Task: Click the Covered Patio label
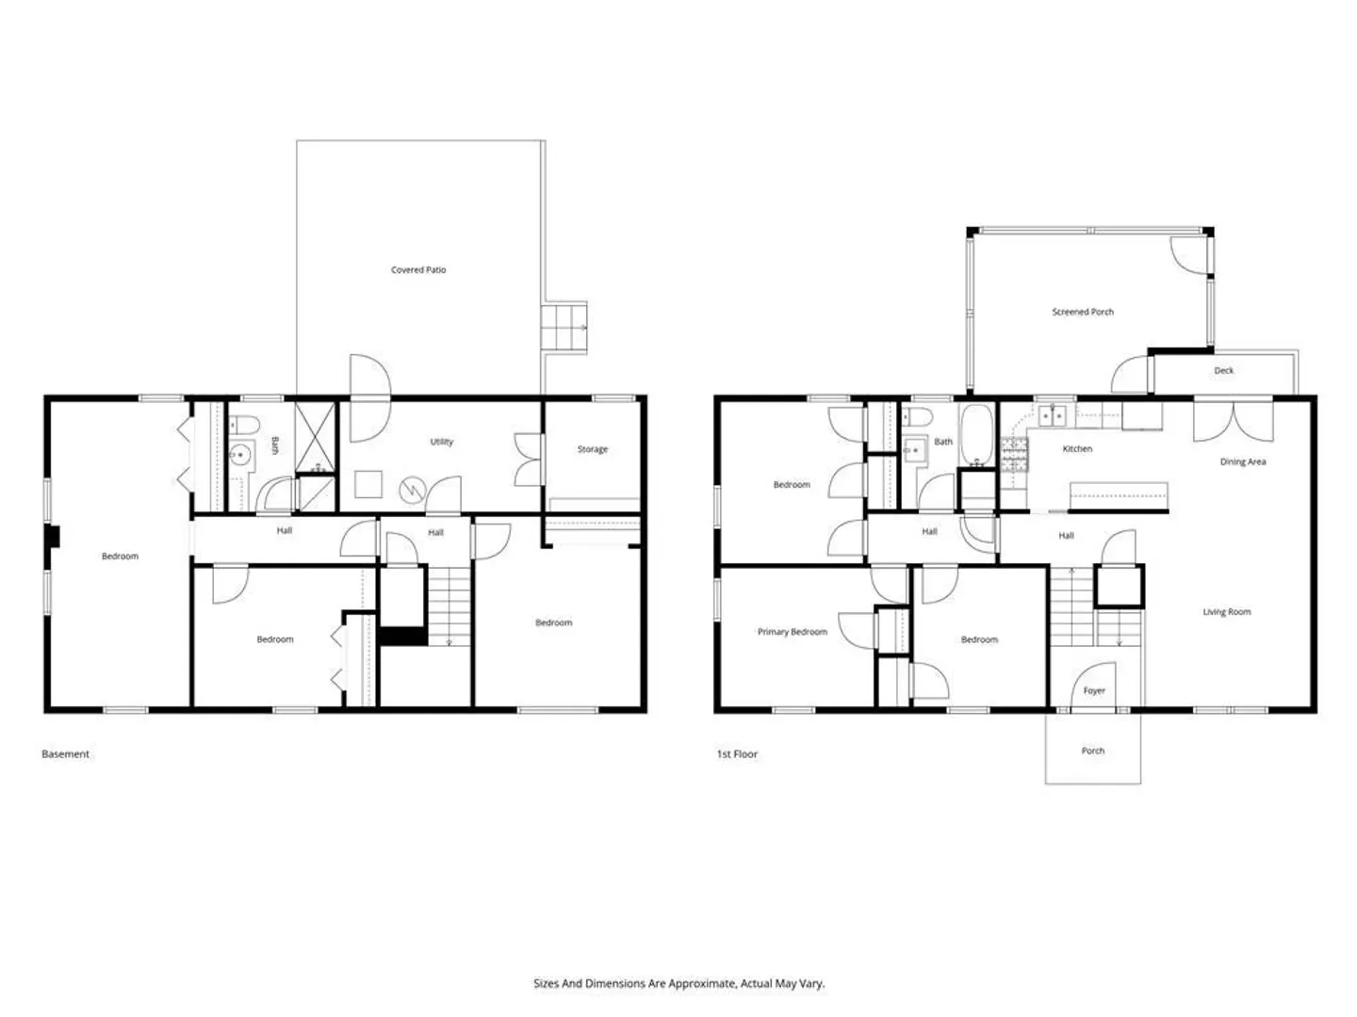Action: pos(417,270)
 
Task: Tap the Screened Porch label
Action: pos(1083,312)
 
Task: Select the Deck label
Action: pos(1223,370)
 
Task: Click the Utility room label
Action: pos(441,443)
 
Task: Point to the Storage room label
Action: pos(592,449)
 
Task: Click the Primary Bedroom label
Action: pos(792,632)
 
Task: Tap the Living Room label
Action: pos(1227,612)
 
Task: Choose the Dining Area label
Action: pos(1243,461)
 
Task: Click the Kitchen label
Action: pos(1077,449)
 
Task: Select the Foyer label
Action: pos(1094,691)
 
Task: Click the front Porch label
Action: pos(1092,751)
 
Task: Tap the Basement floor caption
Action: pos(66,754)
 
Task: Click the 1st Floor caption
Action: pos(737,754)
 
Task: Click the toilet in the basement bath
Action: pos(244,425)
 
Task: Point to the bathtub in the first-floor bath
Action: pos(977,434)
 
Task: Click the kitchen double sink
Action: pos(1053,416)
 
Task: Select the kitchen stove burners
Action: pos(1014,455)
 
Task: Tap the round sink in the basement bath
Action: pos(239,455)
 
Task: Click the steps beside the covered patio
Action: pos(564,328)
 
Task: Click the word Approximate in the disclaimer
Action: pos(702,983)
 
